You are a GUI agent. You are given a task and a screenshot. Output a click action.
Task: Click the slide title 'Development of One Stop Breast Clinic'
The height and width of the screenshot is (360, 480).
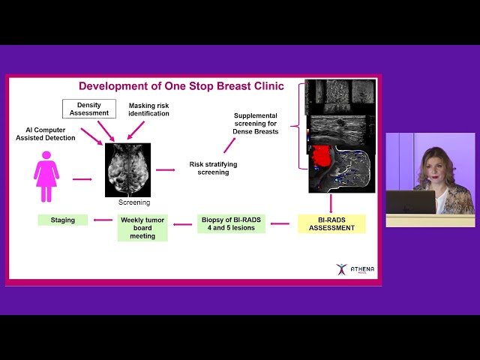click(x=181, y=86)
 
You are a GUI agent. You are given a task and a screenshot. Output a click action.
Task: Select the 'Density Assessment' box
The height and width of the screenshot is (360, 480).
click(x=89, y=108)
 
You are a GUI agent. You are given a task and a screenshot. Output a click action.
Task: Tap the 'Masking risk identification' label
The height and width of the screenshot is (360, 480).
click(x=148, y=109)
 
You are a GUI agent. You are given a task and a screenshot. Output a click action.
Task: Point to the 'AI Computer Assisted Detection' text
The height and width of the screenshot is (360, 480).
click(x=45, y=133)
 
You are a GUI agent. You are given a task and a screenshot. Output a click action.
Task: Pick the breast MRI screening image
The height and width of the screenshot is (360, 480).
click(x=127, y=169)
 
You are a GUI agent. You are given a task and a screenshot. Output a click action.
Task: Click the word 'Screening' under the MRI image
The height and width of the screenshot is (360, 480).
click(x=135, y=202)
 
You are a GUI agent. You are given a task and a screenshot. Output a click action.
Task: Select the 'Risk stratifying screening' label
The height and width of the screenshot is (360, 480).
click(x=208, y=167)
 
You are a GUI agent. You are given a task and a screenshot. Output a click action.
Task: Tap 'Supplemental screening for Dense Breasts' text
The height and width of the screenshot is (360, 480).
click(x=256, y=124)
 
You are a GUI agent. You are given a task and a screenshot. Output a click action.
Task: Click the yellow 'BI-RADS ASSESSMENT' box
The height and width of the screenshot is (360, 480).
click(x=331, y=223)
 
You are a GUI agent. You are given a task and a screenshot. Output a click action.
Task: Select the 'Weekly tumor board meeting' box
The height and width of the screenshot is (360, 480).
click(x=142, y=228)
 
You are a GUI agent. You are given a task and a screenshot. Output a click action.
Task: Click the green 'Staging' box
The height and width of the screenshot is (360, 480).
click(x=62, y=220)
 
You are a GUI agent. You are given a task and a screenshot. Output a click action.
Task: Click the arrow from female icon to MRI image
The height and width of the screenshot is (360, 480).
click(x=82, y=179)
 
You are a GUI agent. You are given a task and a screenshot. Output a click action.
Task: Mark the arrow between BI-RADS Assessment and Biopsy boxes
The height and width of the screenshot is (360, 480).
click(x=280, y=223)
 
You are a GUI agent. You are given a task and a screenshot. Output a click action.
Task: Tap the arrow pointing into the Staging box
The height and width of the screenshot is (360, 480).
click(x=100, y=220)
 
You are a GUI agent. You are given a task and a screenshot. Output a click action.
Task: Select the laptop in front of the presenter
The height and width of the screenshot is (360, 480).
click(x=410, y=202)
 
